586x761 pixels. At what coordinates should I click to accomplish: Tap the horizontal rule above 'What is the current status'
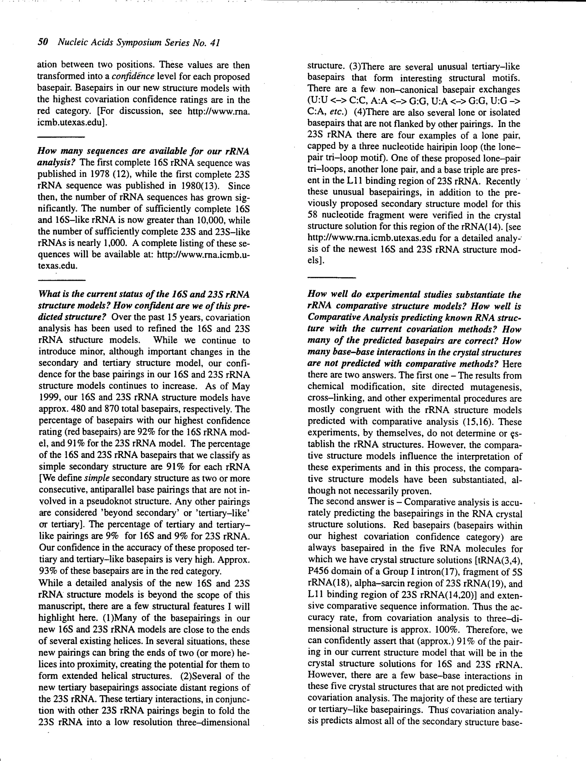click(62, 280)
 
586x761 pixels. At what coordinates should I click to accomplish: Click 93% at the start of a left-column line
click(47, 571)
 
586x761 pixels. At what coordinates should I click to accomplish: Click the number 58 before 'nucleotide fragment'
click(313, 215)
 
